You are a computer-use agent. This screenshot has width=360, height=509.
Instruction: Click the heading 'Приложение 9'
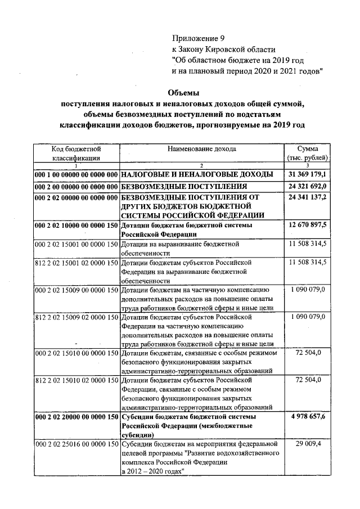(x=198, y=39)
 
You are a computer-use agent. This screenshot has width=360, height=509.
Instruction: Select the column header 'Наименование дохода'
(x=201, y=149)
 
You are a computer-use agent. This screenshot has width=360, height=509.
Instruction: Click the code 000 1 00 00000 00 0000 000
(x=76, y=174)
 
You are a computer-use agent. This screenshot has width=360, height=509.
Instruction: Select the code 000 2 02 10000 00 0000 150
(x=76, y=226)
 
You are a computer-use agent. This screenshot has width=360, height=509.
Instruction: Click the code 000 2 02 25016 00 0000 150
(x=76, y=444)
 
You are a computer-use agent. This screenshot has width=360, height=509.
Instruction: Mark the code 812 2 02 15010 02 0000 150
(x=76, y=381)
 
